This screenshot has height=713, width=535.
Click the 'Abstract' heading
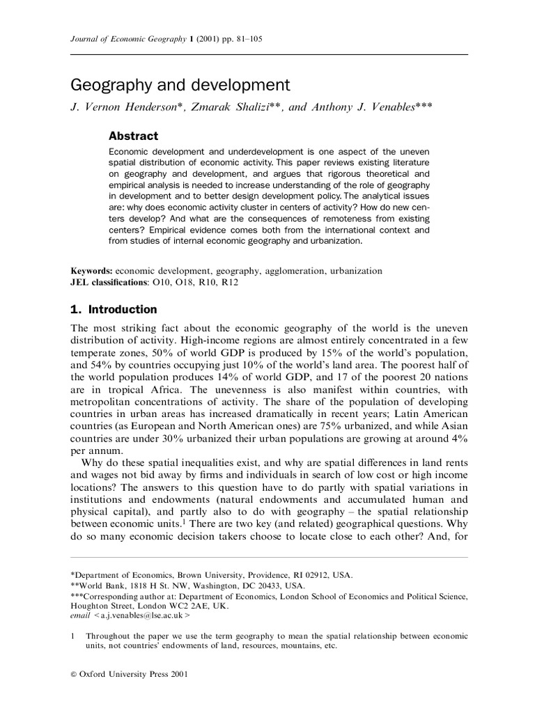click(x=133, y=136)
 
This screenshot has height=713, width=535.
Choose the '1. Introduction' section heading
click(x=114, y=309)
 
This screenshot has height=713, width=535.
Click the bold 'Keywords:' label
click(x=92, y=271)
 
